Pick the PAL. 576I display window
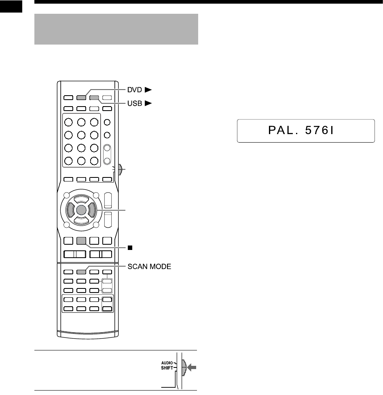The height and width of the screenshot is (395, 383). point(306,130)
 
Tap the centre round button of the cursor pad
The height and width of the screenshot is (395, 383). point(81,210)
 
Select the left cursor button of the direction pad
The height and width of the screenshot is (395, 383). point(70,210)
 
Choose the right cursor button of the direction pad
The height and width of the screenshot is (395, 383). point(92,210)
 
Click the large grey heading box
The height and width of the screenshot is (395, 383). point(116,29)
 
